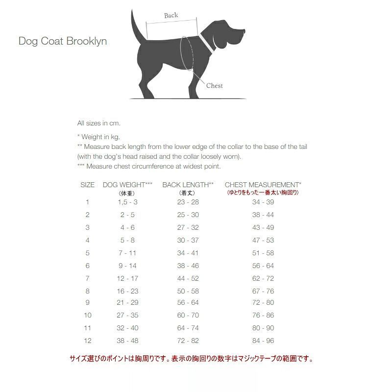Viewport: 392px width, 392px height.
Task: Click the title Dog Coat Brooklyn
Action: click(x=63, y=41)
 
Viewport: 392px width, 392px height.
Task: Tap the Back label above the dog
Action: click(x=171, y=15)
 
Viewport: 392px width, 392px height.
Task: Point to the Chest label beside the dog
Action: click(x=214, y=86)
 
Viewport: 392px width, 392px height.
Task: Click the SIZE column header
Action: click(x=87, y=185)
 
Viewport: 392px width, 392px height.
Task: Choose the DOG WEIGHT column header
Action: click(x=127, y=185)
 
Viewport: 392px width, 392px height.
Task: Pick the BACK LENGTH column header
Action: click(x=188, y=185)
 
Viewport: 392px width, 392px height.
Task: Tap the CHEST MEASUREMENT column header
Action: click(x=263, y=185)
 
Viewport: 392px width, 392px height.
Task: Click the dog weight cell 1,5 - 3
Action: click(x=127, y=202)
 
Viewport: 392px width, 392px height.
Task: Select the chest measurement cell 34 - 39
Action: click(x=263, y=202)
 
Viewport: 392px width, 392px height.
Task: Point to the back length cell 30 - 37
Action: click(x=188, y=240)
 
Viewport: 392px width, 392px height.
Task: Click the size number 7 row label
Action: click(x=87, y=278)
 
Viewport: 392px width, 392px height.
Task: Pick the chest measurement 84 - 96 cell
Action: click(x=263, y=341)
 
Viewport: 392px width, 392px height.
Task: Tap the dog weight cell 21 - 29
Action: click(x=127, y=302)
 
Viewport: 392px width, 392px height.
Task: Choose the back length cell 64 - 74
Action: click(x=188, y=328)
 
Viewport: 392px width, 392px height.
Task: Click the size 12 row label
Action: click(x=87, y=341)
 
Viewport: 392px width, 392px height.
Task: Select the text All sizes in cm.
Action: click(x=98, y=123)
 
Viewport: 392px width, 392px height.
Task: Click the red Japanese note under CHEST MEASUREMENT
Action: click(x=263, y=193)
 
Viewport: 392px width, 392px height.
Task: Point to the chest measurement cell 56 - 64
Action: click(x=263, y=266)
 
